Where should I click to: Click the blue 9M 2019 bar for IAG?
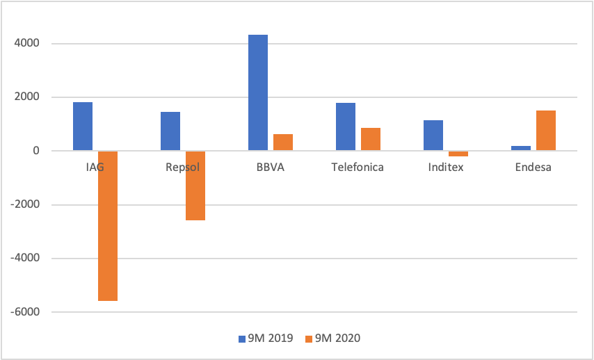click(83, 126)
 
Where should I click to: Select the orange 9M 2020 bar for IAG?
click(108, 226)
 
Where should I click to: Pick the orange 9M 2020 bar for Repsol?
click(195, 186)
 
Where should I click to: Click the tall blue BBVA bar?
click(258, 92)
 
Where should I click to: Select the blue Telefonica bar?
click(346, 126)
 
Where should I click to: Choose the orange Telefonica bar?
click(371, 139)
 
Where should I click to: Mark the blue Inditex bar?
click(433, 136)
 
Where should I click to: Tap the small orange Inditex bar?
click(458, 154)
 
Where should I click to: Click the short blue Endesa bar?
click(521, 148)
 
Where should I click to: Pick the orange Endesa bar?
click(546, 131)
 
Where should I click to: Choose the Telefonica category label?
click(358, 167)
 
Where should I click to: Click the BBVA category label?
click(270, 167)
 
